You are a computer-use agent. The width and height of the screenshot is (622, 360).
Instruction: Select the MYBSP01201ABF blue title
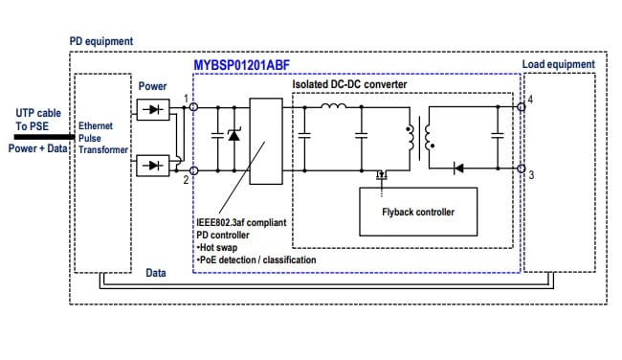[242, 65]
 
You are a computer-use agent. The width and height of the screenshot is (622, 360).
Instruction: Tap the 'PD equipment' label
[101, 42]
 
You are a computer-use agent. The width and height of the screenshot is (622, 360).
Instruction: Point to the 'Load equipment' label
[558, 65]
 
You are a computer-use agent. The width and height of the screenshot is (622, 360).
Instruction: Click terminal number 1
[186, 98]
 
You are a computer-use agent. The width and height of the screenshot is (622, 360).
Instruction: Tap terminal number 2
[186, 179]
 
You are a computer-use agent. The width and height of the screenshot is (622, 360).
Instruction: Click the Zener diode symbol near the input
[233, 137]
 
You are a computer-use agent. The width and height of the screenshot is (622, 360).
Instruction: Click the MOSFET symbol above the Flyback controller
[380, 175]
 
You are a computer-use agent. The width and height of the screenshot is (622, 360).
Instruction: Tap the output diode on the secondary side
[458, 168]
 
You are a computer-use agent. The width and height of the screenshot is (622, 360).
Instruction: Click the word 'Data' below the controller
[155, 273]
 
